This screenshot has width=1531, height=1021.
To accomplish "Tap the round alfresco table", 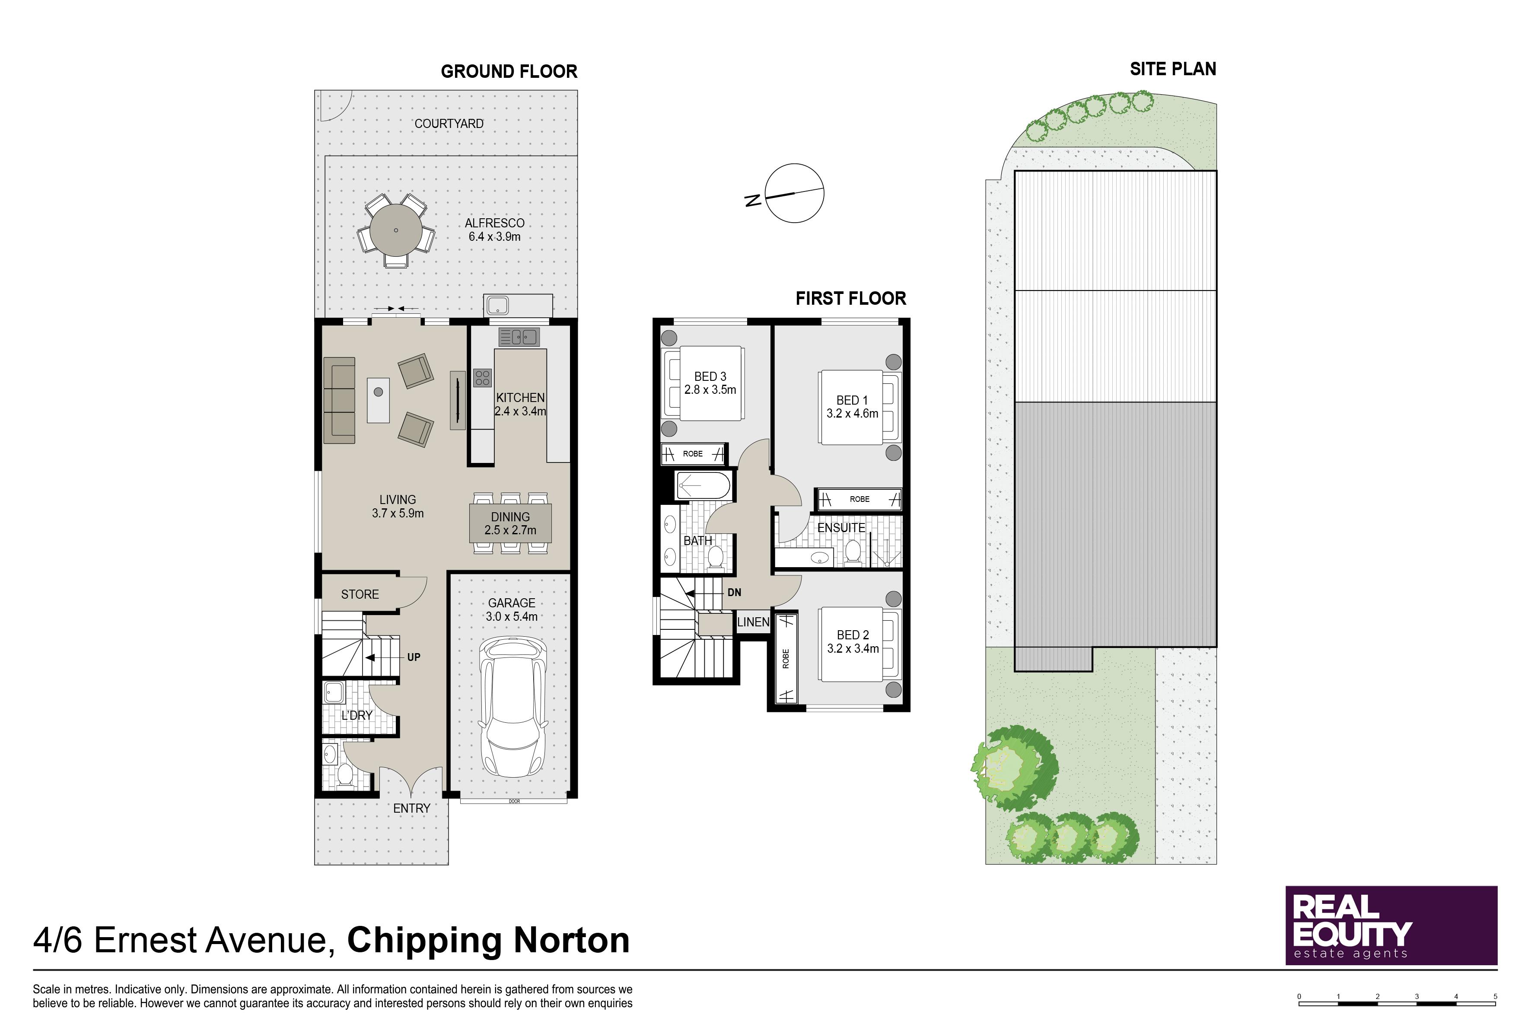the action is coord(396,230).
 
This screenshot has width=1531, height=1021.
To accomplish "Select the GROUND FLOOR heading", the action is coord(509,72).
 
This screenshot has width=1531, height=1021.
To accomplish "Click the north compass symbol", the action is coord(788,193).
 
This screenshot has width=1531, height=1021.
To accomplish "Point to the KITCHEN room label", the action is coord(520,397).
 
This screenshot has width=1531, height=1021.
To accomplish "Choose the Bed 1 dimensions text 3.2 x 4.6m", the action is coord(852,414).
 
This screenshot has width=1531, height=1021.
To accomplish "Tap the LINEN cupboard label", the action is coord(753,622).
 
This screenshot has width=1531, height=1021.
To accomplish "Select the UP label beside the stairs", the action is coord(414,657).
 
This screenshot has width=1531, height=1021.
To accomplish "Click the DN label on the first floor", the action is coord(734,593).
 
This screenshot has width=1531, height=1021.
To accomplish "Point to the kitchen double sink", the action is coord(519,337).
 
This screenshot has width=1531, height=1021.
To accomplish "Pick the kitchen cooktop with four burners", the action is coord(482,378).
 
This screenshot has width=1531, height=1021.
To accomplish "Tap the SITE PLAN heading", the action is coord(1172,69).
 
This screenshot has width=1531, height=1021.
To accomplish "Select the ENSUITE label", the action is coord(841,528).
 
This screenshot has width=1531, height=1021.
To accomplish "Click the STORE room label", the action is coord(360,594).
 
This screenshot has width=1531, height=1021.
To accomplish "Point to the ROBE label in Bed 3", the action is coord(693,454).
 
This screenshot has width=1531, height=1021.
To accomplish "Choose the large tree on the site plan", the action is coord(1014,769).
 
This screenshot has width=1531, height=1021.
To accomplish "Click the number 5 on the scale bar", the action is coord(1495,997).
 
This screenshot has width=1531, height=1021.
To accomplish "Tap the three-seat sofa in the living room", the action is coord(339,400).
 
